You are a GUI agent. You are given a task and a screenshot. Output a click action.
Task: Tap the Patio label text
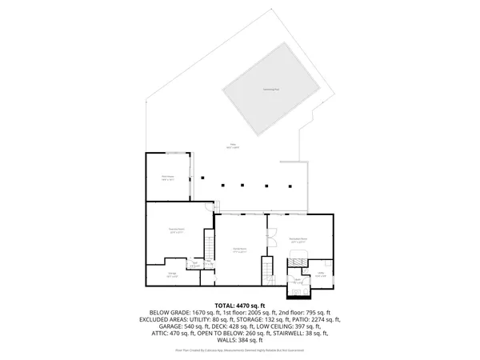232,146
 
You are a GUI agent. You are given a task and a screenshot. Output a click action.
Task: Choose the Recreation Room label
298,241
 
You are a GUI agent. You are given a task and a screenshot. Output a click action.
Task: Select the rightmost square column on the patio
284,186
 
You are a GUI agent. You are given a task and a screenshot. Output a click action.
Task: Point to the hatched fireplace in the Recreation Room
298,258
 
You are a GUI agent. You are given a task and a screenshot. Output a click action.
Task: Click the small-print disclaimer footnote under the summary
240,350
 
